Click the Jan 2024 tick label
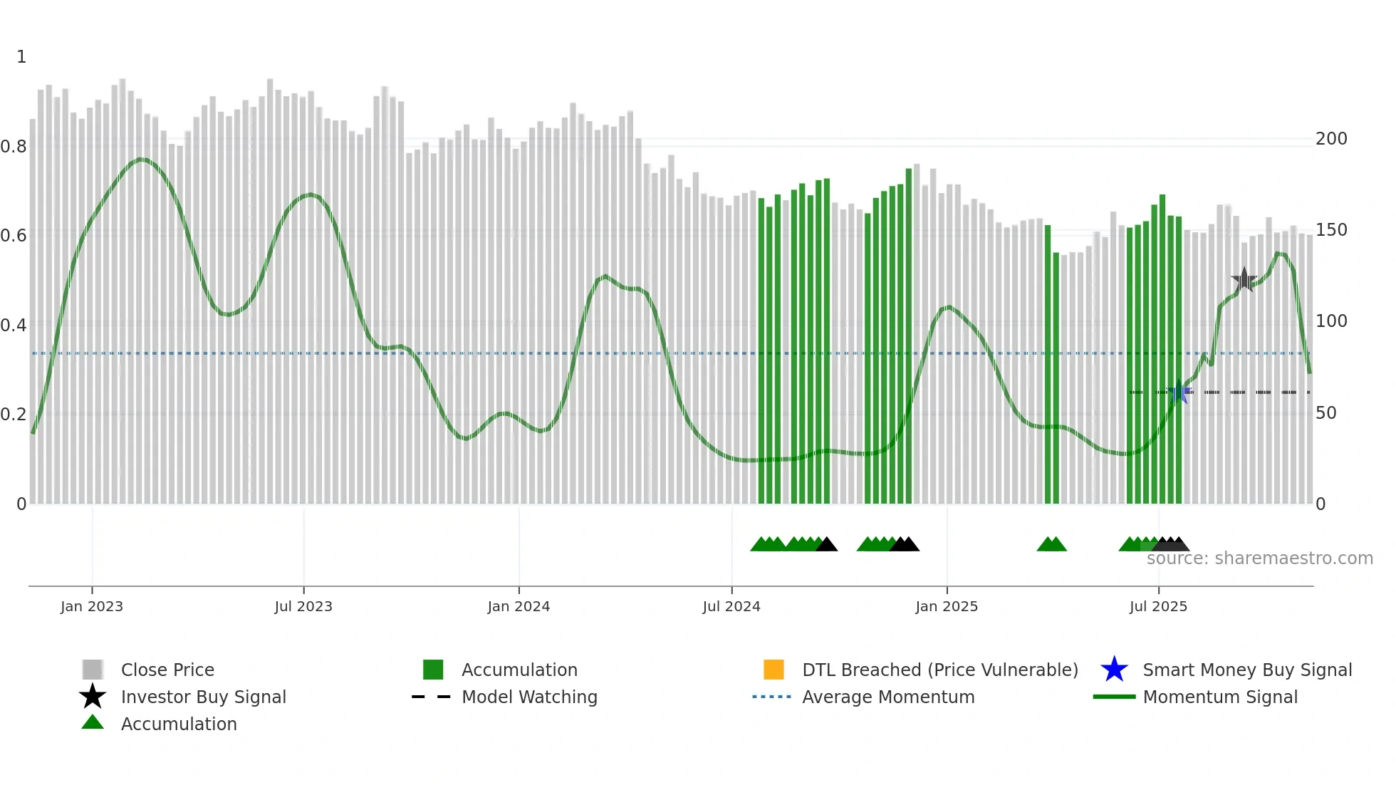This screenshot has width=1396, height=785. click(519, 606)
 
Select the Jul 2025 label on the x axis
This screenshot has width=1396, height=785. click(1158, 606)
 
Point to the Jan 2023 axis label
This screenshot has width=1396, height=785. click(92, 606)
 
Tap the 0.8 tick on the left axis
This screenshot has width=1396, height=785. click(14, 147)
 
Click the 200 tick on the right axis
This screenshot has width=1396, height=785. click(1331, 139)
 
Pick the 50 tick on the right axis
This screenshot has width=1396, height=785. click(1326, 413)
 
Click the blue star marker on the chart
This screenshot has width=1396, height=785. click(1179, 392)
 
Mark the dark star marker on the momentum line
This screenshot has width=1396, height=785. click(1244, 280)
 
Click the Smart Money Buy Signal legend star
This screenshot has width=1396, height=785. click(1114, 670)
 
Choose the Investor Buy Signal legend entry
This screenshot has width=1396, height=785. click(203, 697)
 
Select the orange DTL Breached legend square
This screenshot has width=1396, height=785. click(773, 670)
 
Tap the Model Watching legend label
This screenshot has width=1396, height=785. click(529, 697)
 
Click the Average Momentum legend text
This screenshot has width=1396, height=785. click(888, 697)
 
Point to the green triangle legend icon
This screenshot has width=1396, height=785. click(93, 723)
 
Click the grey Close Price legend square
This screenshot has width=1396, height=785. click(93, 670)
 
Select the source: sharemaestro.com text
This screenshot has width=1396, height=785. click(1259, 558)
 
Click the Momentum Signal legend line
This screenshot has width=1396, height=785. click(1114, 697)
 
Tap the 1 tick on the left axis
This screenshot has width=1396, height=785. click(21, 57)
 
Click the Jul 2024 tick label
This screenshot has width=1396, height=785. click(731, 606)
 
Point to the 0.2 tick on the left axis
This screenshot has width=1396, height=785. click(14, 415)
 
